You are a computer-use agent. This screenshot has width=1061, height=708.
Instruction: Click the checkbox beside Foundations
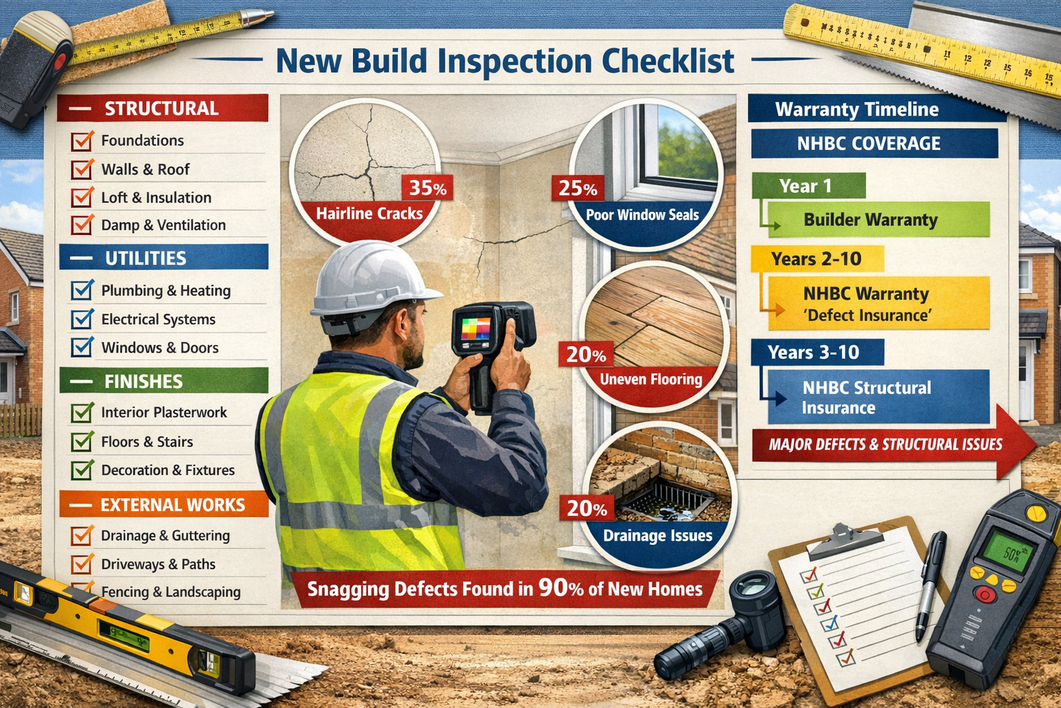point(82,141)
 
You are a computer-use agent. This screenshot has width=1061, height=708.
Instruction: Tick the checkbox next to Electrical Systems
point(82,319)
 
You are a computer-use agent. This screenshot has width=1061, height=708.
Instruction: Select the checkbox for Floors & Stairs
point(82,442)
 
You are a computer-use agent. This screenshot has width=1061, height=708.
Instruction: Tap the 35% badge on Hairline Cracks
point(427,187)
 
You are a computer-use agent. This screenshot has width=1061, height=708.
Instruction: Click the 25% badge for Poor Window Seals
point(577,188)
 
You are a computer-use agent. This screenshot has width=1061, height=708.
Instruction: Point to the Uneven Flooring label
point(651,379)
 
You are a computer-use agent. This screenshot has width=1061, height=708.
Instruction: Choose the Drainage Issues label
point(657,536)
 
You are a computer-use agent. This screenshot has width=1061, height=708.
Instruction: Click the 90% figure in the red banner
point(561,588)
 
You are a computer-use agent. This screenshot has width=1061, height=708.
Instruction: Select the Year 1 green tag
point(807,186)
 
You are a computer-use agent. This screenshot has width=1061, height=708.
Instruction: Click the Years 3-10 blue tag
point(815,353)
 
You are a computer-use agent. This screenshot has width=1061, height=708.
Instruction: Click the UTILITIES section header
point(164,258)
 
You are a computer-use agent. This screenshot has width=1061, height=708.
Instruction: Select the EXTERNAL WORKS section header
point(164,505)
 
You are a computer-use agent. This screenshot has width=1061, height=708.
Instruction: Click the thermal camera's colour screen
point(476,329)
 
